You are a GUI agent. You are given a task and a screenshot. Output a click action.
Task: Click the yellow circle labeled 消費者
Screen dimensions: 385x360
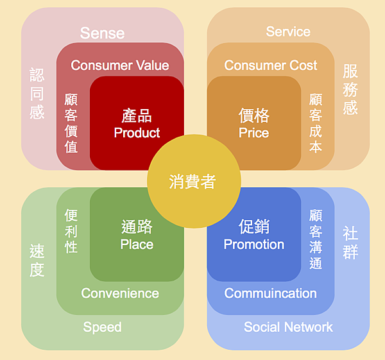click(x=194, y=181)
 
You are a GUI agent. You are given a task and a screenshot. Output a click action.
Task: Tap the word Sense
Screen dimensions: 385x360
click(x=103, y=33)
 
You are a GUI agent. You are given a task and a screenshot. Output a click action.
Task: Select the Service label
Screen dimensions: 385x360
click(x=288, y=31)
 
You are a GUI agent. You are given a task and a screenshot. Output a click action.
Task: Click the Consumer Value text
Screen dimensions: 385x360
click(x=120, y=65)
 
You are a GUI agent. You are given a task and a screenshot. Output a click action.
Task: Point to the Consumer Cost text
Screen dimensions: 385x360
click(x=271, y=65)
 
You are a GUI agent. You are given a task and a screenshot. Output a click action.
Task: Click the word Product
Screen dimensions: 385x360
click(x=137, y=133)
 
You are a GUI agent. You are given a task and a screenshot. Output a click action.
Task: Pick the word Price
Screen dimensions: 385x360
click(x=254, y=133)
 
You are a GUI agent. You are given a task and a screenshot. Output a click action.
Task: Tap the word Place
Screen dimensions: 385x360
click(x=137, y=244)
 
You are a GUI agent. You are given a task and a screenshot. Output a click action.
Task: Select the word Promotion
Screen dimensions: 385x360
click(x=254, y=244)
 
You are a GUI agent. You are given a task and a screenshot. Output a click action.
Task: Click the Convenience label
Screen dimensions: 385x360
click(x=120, y=293)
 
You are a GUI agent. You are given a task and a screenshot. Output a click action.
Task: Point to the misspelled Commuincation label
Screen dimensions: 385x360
click(x=271, y=293)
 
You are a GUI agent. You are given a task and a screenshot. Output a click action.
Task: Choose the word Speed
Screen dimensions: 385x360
click(x=103, y=327)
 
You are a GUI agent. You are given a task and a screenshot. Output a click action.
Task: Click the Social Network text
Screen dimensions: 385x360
click(x=288, y=327)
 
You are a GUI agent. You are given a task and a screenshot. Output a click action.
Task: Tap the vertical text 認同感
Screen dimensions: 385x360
click(x=37, y=94)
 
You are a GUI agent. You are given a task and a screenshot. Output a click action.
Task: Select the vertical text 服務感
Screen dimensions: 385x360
click(x=350, y=89)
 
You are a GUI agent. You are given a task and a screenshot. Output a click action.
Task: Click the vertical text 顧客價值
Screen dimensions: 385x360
click(x=71, y=123)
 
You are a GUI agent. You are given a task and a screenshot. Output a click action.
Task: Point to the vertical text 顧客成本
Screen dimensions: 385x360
click(x=316, y=123)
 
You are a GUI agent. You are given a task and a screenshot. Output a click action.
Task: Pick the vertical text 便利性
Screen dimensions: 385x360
click(x=71, y=231)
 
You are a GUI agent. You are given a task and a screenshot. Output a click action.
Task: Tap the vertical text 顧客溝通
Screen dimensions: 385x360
click(x=316, y=239)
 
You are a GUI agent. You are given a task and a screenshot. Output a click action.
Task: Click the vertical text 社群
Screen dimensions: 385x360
click(x=350, y=243)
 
